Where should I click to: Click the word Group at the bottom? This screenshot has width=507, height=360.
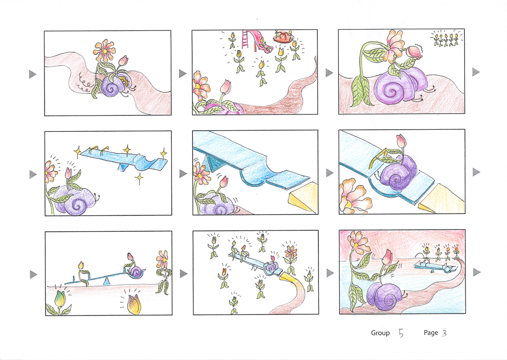[x=380, y=333]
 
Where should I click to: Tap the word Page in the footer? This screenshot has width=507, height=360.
[x=431, y=332]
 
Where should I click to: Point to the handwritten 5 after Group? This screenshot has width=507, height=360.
[x=401, y=333]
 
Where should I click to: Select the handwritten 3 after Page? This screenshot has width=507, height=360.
[x=444, y=332]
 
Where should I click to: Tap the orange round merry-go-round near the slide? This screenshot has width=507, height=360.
[x=283, y=37]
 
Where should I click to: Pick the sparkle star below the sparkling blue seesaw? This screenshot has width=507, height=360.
[x=139, y=178]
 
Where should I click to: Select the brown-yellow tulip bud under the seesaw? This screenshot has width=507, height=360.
[x=134, y=305]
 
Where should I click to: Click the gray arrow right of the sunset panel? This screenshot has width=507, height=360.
[x=477, y=272]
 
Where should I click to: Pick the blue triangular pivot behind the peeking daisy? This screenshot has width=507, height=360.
[x=211, y=163]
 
